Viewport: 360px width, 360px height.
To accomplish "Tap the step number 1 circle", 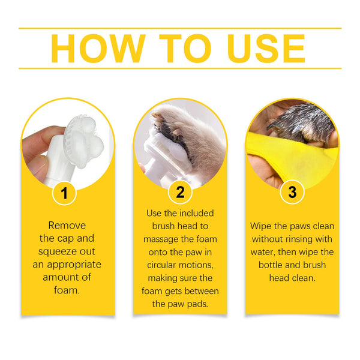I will click(67, 193).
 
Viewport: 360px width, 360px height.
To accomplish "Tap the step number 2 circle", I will click(179, 193).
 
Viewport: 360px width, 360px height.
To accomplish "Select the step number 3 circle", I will click(292, 193).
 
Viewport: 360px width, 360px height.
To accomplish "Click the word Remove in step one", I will click(67, 226).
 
